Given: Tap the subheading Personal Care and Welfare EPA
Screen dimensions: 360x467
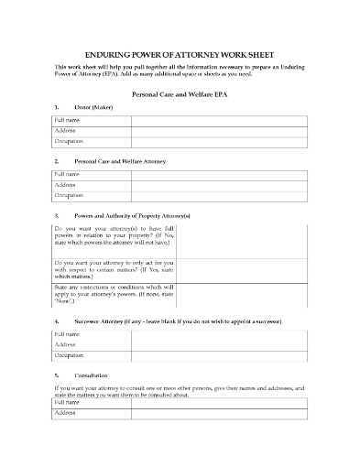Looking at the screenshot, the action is coord(180,94).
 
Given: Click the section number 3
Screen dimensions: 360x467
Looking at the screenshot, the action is coord(57,214).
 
